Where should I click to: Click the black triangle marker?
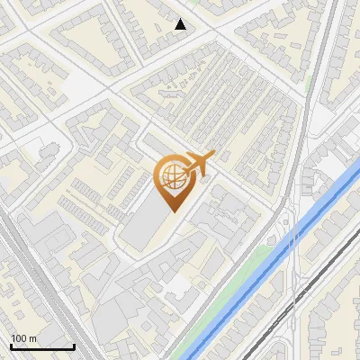[181, 24]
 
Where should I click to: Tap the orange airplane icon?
[196, 164]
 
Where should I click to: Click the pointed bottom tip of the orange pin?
[173, 211]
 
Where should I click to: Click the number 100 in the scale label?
[19, 338]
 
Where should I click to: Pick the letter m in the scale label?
[32, 338]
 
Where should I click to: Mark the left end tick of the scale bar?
[11, 346]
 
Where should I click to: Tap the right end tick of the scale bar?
[74, 346]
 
